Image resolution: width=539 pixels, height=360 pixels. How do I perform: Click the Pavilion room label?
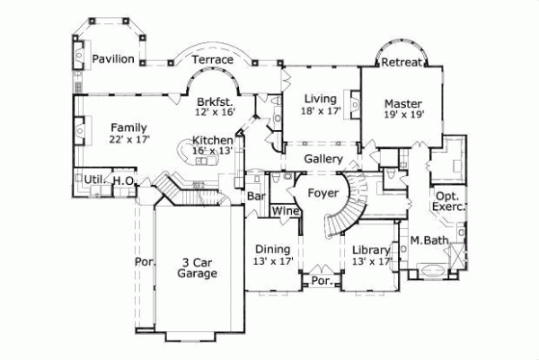pos(113,59)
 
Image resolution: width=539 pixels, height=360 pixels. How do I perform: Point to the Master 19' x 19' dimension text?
pos(402,115)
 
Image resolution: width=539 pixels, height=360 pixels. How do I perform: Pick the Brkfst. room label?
pos(214,102)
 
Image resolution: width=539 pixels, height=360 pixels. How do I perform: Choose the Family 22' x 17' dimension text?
pos(128,140)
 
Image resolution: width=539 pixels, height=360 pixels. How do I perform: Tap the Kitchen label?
pos(213,141)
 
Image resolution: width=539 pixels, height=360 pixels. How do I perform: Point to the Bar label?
pos(256,195)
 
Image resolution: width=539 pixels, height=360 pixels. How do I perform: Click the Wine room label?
pos(285,212)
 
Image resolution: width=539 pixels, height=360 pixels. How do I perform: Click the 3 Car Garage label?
pos(197,268)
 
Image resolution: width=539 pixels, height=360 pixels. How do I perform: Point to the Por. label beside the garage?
pos(145,263)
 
